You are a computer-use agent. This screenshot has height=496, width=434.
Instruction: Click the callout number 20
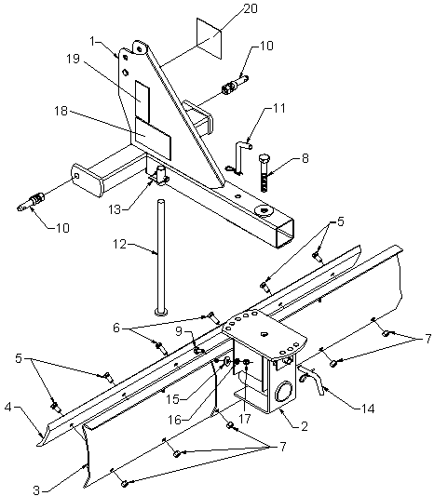(x=250, y=8)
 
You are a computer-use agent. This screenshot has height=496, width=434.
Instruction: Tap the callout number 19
(x=74, y=59)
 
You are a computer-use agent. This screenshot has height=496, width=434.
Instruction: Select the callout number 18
(x=61, y=111)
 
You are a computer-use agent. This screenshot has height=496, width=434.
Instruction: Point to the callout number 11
(x=278, y=108)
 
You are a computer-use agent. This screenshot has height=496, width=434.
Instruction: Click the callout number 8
(x=305, y=158)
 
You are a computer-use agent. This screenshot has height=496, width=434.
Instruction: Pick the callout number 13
(x=115, y=209)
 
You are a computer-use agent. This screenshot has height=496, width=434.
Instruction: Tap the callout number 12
(x=120, y=245)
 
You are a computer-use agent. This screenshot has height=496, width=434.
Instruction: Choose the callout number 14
(x=368, y=409)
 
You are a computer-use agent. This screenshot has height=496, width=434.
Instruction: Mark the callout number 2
(x=305, y=426)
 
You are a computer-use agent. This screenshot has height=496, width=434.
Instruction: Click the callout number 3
(x=36, y=490)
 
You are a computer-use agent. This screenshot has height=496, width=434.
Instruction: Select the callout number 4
(x=8, y=407)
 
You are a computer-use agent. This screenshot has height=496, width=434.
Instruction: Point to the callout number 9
(x=179, y=331)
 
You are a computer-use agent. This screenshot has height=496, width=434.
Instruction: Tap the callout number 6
(x=116, y=328)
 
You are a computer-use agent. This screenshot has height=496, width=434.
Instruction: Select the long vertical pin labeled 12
(x=161, y=257)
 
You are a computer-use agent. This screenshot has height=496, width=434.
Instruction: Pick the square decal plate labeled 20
(x=209, y=38)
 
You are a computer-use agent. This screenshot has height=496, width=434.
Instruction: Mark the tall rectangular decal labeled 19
(x=142, y=99)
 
